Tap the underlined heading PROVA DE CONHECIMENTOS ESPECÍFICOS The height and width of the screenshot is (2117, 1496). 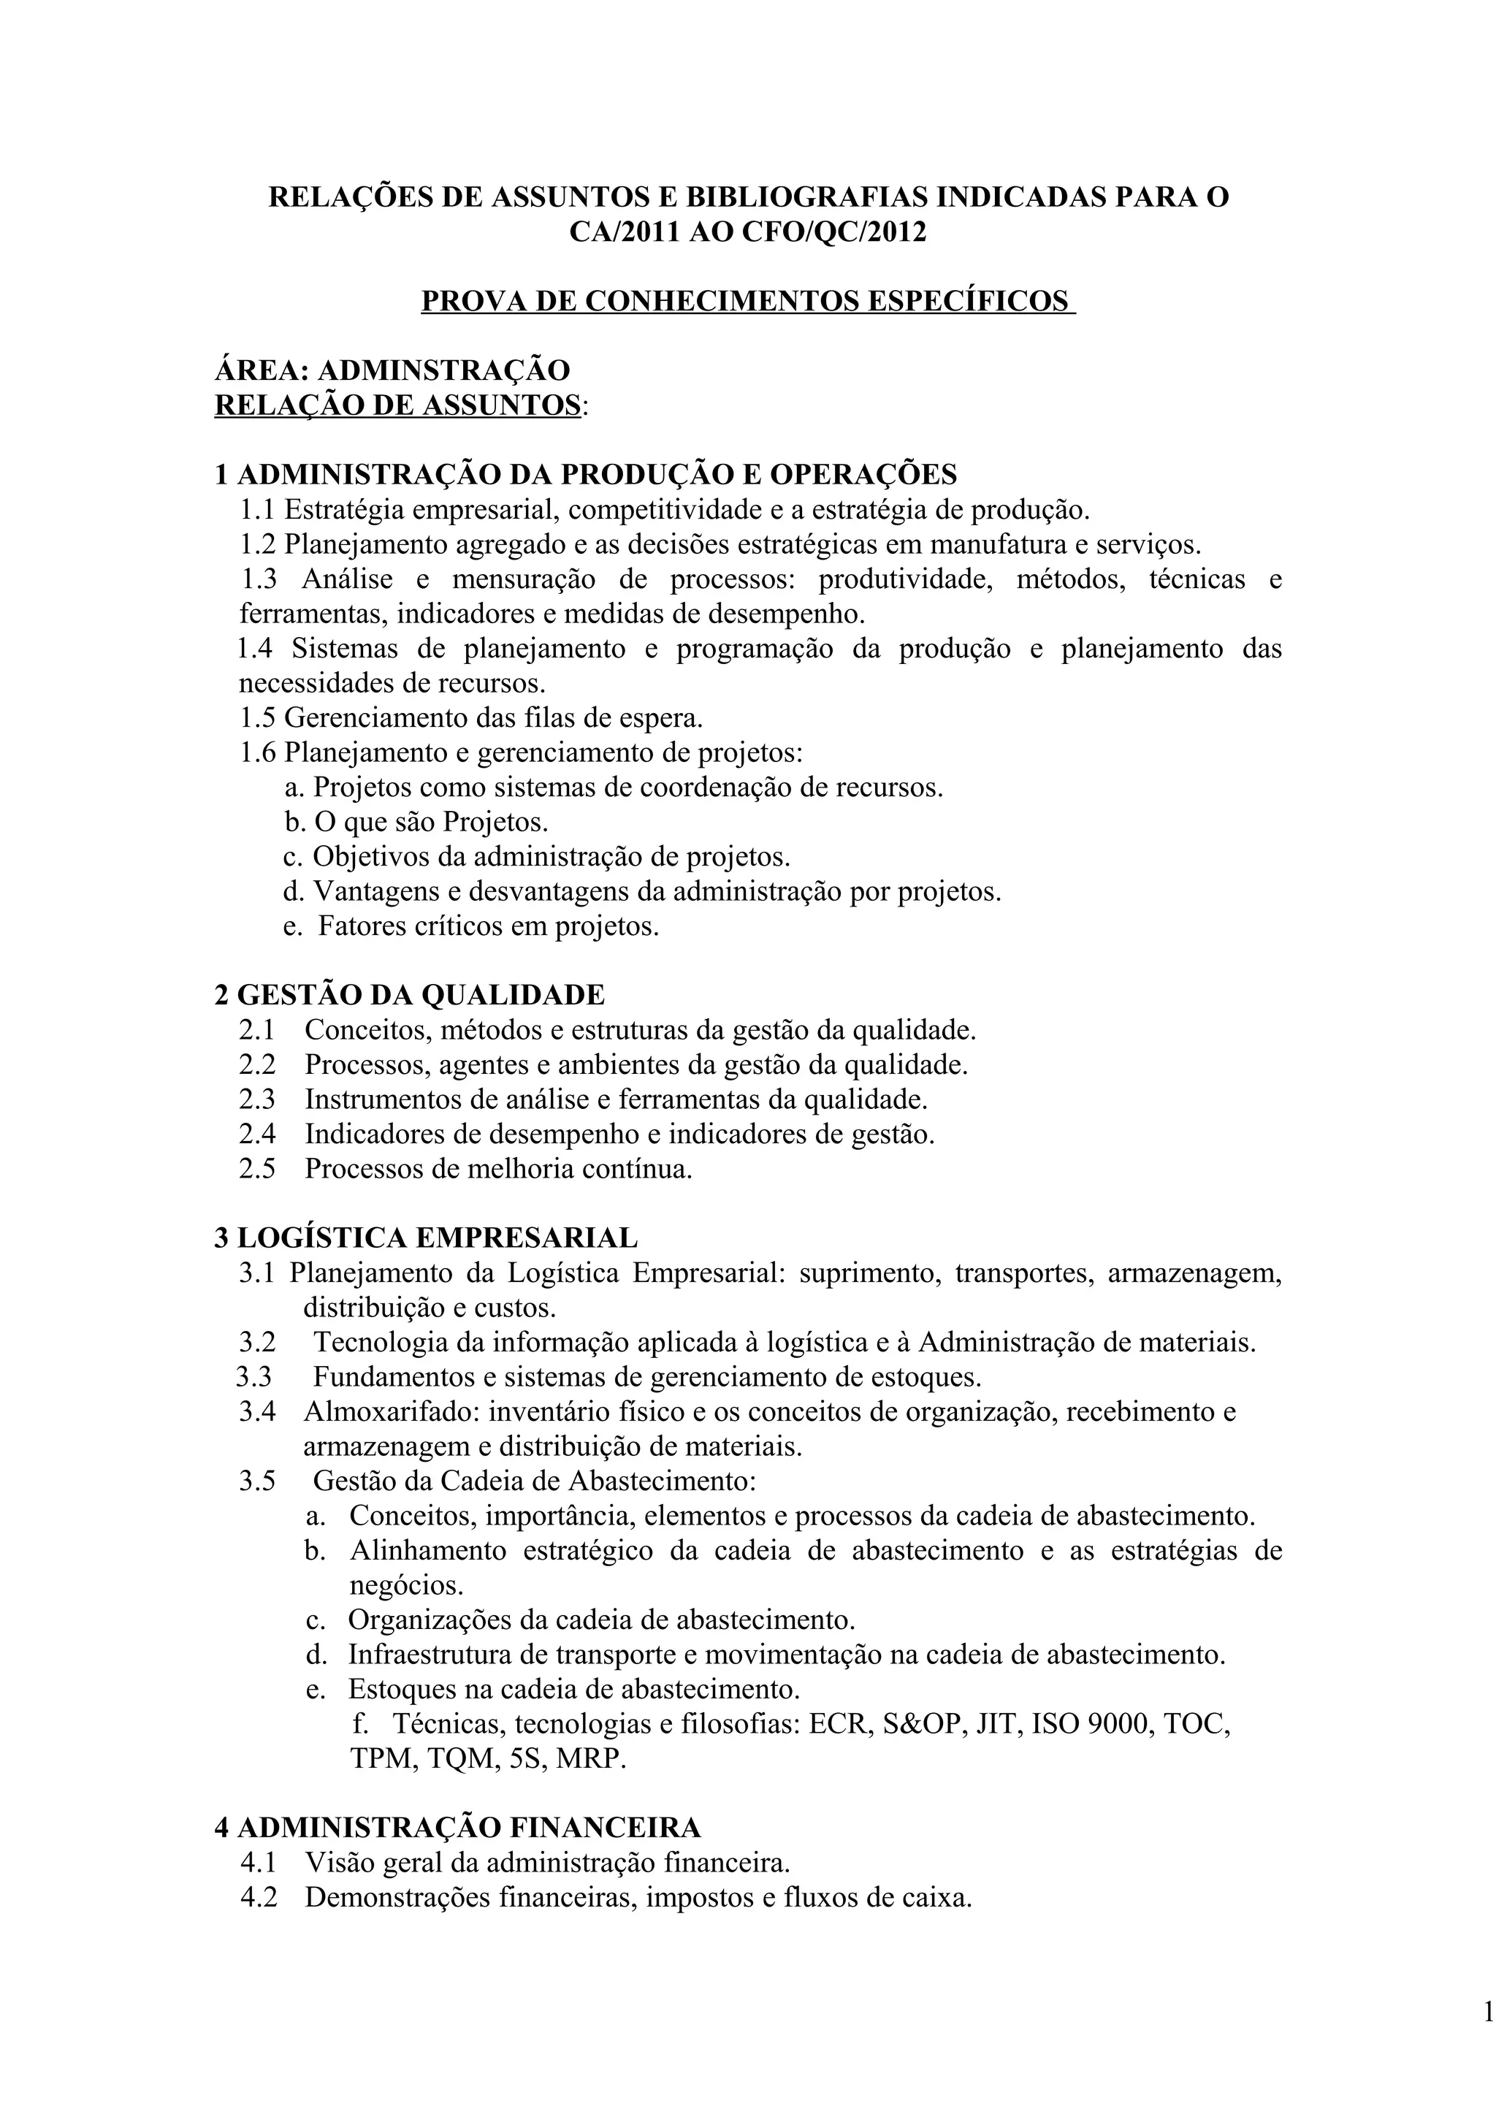747,302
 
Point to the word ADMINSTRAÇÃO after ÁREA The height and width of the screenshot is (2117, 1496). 443,370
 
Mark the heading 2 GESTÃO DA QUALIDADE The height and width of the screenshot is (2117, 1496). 409,995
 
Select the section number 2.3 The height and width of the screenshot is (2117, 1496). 257,1099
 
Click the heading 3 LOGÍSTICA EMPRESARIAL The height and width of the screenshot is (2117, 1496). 426,1237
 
